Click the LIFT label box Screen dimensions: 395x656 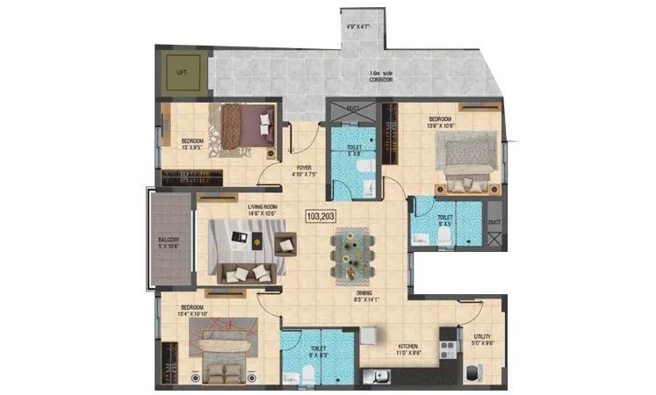pyautogui.click(x=182, y=72)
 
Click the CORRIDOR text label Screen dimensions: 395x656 pyautogui.click(x=381, y=79)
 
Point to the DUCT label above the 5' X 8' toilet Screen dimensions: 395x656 pyautogui.click(x=353, y=110)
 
